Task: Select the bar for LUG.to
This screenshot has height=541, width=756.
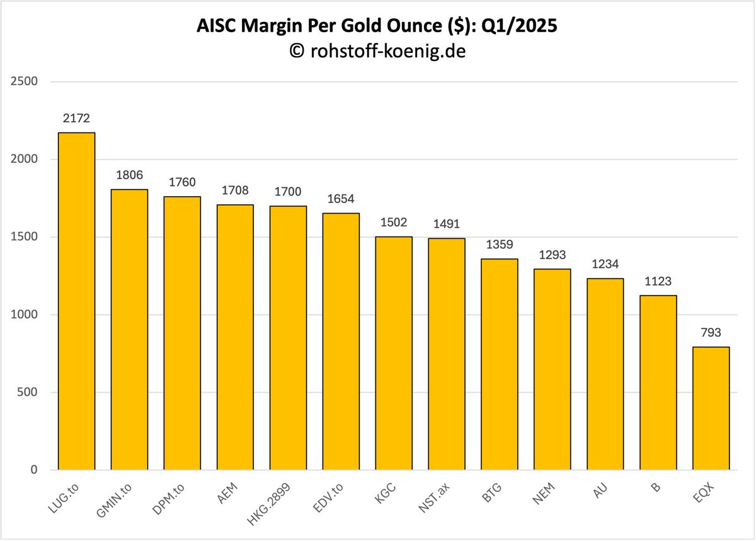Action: [76, 301]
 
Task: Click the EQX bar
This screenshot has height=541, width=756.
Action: [711, 409]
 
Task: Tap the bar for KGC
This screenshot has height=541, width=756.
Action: [394, 353]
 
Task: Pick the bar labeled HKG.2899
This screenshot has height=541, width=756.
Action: [288, 338]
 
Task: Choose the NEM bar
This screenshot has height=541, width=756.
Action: [552, 369]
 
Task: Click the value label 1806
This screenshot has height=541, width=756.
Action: [129, 175]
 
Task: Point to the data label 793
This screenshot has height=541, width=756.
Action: [711, 333]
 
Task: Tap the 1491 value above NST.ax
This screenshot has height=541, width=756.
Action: [447, 224]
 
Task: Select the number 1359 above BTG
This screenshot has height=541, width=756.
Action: [500, 245]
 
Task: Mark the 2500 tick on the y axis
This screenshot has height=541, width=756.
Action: [24, 81]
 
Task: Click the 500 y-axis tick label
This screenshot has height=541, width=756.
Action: [27, 392]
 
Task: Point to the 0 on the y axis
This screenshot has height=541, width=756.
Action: [34, 470]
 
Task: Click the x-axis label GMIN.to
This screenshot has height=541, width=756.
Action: [114, 500]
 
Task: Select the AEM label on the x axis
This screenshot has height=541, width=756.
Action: [227, 493]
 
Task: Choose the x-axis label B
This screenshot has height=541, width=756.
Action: [655, 487]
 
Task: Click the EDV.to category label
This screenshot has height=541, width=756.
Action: [328, 497]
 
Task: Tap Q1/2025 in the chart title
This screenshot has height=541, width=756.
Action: [519, 26]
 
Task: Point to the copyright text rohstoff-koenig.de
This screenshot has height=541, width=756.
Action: [388, 51]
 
